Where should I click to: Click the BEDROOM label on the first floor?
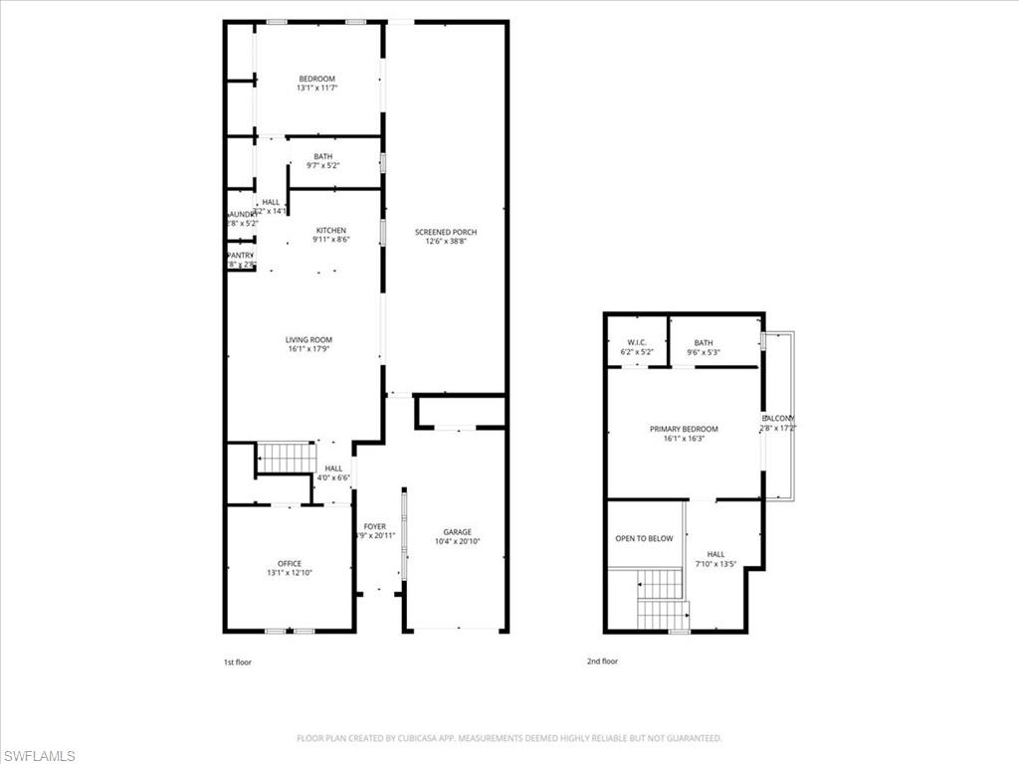[317, 79]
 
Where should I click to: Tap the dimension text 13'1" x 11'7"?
[317, 89]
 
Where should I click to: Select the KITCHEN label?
[331, 231]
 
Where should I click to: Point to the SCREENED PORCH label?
[446, 232]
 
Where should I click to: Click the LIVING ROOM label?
[308, 339]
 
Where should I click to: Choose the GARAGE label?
[458, 532]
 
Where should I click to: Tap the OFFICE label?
[290, 563]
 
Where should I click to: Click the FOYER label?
[374, 526]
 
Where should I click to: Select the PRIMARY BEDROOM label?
[684, 429]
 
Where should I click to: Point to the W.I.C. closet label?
[638, 343]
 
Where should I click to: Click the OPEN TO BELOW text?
[644, 538]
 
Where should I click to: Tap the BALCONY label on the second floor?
[779, 419]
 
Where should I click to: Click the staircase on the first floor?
[288, 458]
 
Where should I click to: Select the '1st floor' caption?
[237, 661]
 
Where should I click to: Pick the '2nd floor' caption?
[602, 661]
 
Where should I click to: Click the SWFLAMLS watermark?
[38, 755]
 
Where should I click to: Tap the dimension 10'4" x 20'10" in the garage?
[458, 542]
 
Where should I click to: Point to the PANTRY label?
[241, 255]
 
